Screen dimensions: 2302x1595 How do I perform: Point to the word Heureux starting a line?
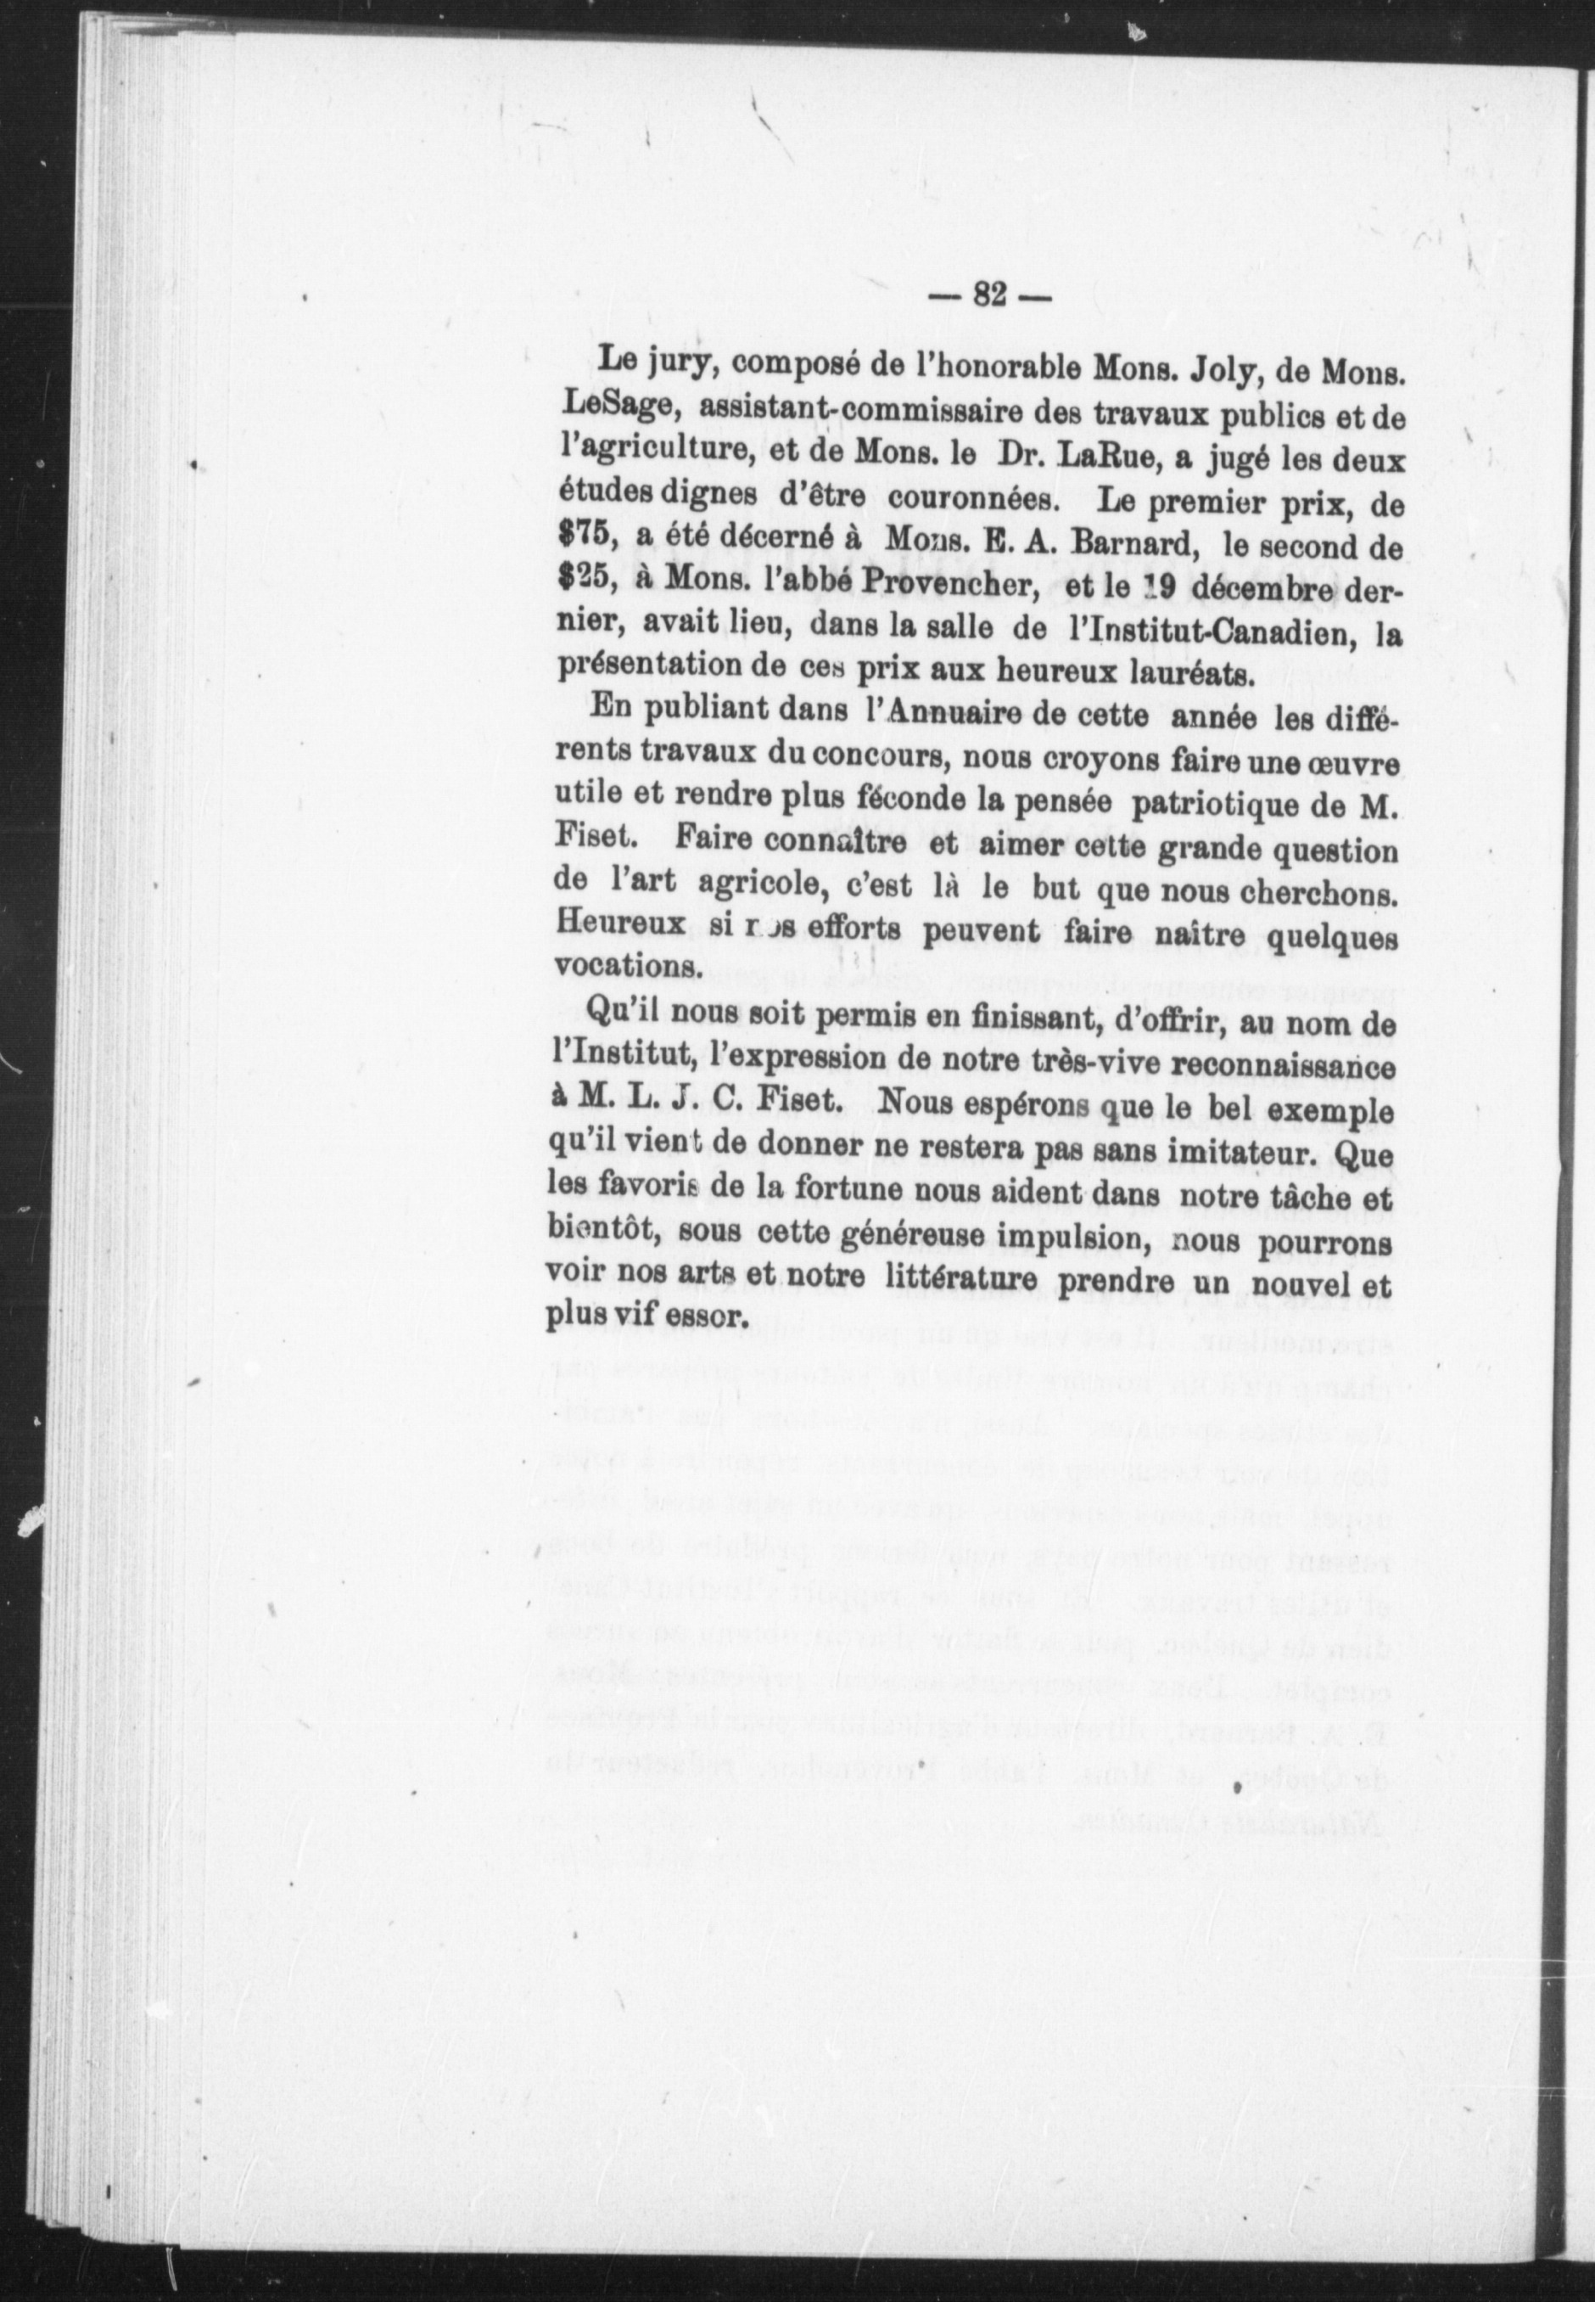619,925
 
